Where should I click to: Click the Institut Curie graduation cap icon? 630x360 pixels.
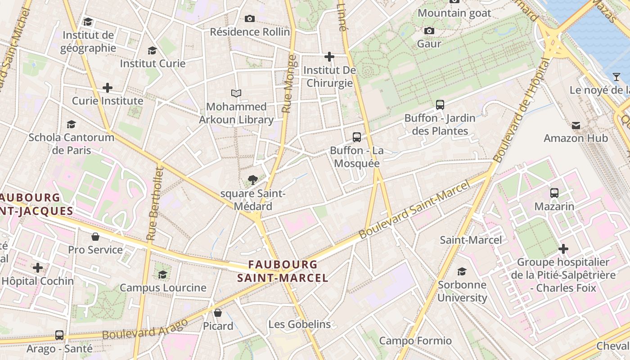[x=152, y=50]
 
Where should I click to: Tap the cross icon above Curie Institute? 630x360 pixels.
[x=107, y=88]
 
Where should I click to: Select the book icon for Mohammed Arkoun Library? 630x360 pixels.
[x=236, y=94]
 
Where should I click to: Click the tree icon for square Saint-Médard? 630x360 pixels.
[x=253, y=180]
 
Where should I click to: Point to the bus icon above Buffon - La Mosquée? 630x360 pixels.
[x=357, y=137]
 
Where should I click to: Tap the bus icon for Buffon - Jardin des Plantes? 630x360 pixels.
[x=440, y=105]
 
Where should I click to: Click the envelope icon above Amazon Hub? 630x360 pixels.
[x=576, y=125]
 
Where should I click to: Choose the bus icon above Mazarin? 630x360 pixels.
[x=554, y=193]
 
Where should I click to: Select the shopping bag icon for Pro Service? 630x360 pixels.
[x=95, y=237]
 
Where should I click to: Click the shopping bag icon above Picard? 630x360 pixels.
[x=218, y=313]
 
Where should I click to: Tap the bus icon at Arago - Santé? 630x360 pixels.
[x=59, y=335]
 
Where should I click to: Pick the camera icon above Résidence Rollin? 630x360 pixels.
[x=250, y=19]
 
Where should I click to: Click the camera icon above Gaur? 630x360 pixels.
[x=429, y=31]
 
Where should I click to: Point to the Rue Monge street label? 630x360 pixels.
[x=289, y=84]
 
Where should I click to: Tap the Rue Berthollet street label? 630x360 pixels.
[x=154, y=203]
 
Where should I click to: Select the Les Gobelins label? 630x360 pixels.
[x=299, y=324]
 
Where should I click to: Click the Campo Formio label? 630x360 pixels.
[x=415, y=341]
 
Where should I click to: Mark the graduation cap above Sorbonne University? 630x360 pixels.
[x=462, y=271]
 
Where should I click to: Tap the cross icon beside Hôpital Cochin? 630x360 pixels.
[x=38, y=268]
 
